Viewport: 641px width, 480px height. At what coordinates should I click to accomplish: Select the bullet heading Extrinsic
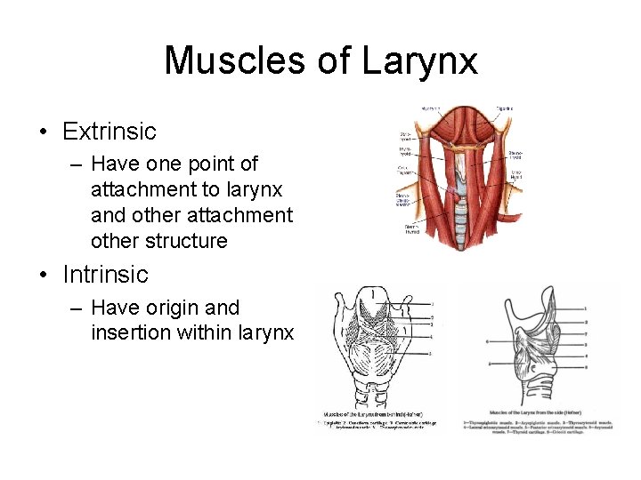click(109, 132)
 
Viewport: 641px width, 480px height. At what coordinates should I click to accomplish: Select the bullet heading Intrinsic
click(105, 274)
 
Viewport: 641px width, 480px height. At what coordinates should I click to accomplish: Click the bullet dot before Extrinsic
click(43, 132)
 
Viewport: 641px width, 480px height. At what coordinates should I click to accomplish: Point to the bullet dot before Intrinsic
click(43, 275)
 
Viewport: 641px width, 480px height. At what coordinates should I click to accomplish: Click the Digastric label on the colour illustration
click(505, 109)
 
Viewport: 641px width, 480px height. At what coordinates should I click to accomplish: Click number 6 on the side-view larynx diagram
click(488, 340)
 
